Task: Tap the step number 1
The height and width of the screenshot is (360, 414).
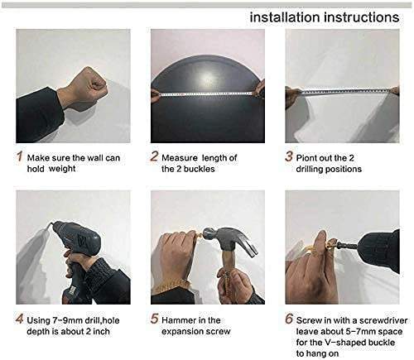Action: tap(19, 156)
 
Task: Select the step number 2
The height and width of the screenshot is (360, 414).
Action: tap(154, 156)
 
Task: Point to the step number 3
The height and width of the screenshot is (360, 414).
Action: tap(289, 156)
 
